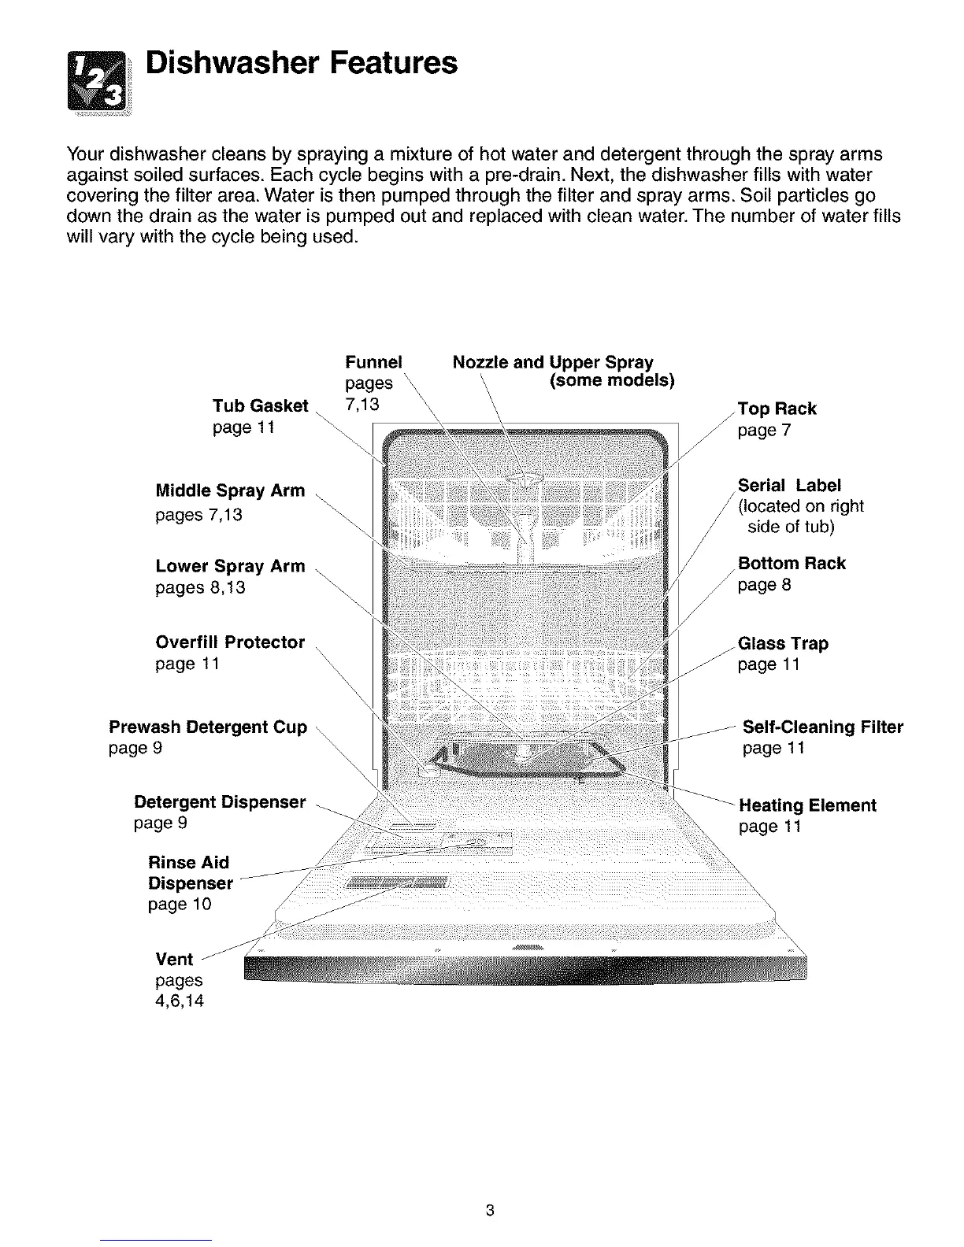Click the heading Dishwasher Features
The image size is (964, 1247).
[302, 62]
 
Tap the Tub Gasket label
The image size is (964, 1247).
[260, 406]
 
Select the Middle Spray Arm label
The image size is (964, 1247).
[230, 491]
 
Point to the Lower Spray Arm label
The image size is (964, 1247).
[230, 567]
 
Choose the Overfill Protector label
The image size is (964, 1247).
[230, 642]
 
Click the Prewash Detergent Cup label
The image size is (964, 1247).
[208, 727]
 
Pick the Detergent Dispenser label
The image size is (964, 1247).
[220, 802]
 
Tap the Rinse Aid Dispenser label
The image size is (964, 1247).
[190, 873]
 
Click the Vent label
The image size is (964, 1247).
[174, 960]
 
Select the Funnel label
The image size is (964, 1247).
[373, 362]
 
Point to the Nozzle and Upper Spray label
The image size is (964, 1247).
[553, 363]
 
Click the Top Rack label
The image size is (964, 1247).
[777, 409]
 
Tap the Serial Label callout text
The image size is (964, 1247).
[789, 486]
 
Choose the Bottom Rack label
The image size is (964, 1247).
[792, 564]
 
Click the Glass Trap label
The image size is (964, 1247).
[783, 644]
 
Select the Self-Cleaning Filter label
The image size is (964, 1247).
[823, 727]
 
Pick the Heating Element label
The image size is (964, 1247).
[807, 806]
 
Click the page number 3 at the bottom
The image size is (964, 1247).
[489, 1211]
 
